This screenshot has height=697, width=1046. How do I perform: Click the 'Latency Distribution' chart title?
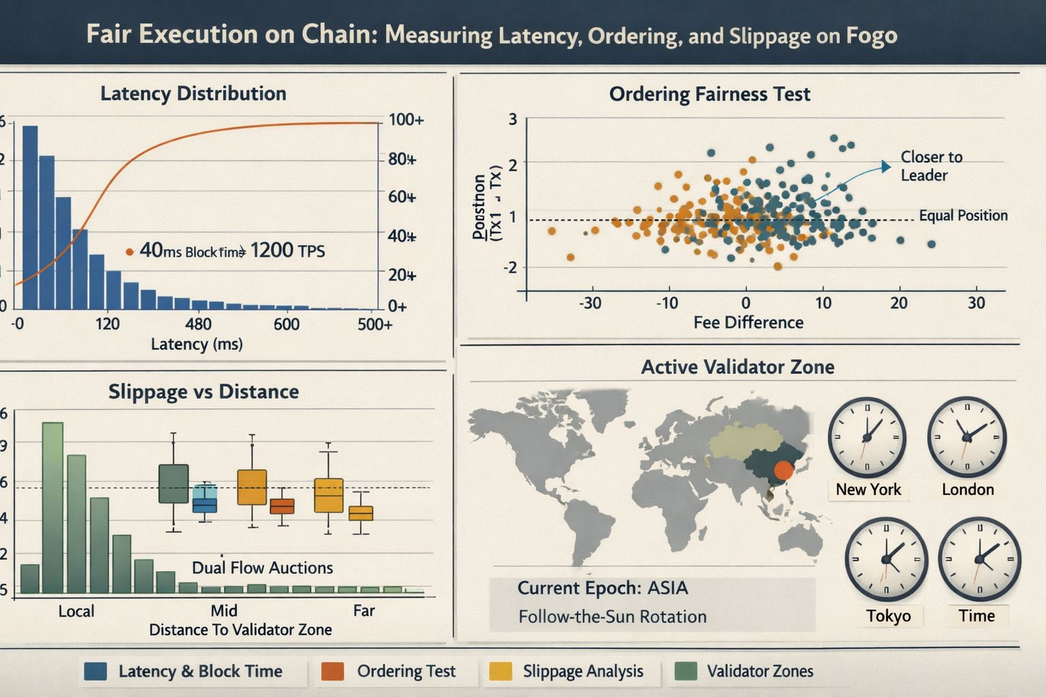point(193,93)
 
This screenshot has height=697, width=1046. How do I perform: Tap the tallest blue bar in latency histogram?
point(30,218)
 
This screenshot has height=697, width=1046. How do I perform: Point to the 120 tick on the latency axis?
point(107,323)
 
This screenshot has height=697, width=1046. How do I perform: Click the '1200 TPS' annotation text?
point(287,251)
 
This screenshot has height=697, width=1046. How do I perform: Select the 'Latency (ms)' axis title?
point(196,344)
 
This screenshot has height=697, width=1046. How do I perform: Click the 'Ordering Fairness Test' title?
point(709,94)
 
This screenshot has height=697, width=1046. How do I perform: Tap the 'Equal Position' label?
point(962,216)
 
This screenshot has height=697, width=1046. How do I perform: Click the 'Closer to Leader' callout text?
point(930,166)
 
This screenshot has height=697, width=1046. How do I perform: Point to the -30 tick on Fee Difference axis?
point(590,303)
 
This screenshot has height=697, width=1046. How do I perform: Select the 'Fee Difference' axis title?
point(748,323)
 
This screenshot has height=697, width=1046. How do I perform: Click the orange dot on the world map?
point(784,470)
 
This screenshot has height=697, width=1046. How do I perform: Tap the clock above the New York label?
point(866,438)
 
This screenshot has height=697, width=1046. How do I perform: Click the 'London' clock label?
point(967,489)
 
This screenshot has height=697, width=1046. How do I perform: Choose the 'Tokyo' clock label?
point(888,616)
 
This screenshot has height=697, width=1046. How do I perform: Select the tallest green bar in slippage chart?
point(52,507)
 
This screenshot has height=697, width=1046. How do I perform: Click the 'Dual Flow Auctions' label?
point(262,568)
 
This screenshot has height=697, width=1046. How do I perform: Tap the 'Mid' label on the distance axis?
point(223,611)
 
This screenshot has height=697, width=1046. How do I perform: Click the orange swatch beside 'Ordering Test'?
point(332,671)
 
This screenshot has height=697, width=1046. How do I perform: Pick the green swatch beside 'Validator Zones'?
point(686,671)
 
